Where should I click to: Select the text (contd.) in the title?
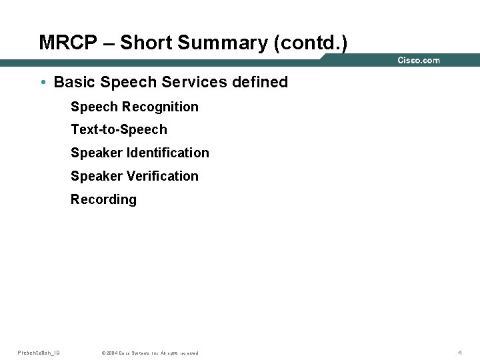click(310, 43)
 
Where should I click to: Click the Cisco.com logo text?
click(419, 61)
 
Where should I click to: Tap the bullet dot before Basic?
click(43, 83)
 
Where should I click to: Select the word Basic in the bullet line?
click(73, 83)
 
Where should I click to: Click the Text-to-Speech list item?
click(119, 129)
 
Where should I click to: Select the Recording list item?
click(103, 199)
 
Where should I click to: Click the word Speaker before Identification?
click(96, 153)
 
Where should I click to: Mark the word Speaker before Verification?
click(96, 176)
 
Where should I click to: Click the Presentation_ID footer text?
click(39, 353)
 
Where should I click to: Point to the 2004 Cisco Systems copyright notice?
click(149, 353)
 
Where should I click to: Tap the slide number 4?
click(459, 353)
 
